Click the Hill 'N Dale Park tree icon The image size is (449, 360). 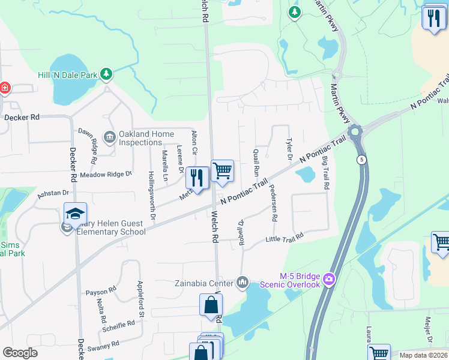106,74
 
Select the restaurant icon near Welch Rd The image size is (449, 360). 197,177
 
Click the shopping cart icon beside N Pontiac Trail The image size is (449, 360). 222,170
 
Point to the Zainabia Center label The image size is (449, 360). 203,283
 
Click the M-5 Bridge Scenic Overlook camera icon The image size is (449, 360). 328,279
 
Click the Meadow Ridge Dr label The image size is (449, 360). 106,174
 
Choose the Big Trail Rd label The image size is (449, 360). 325,172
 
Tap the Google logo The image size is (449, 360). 20,353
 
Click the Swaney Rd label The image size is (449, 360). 101,346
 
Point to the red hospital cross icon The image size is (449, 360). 4,88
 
